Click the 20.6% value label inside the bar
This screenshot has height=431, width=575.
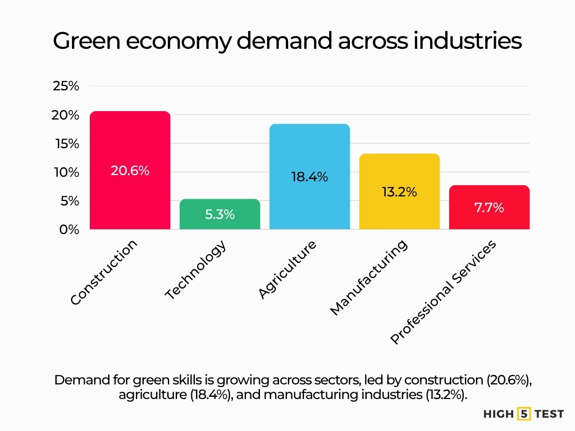pyautogui.click(x=130, y=171)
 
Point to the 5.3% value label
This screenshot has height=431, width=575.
pyautogui.click(x=220, y=214)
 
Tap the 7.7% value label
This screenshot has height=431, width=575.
pyautogui.click(x=489, y=207)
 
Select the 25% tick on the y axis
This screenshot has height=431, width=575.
pyautogui.click(x=66, y=86)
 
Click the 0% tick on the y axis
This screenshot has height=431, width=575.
pyautogui.click(x=69, y=230)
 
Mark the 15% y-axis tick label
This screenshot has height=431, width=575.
pyautogui.click(x=66, y=144)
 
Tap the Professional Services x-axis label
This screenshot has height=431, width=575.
pyautogui.click(x=443, y=292)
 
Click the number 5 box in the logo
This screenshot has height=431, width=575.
pyautogui.click(x=523, y=414)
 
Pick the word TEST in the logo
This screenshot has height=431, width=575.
pyautogui.click(x=549, y=414)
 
